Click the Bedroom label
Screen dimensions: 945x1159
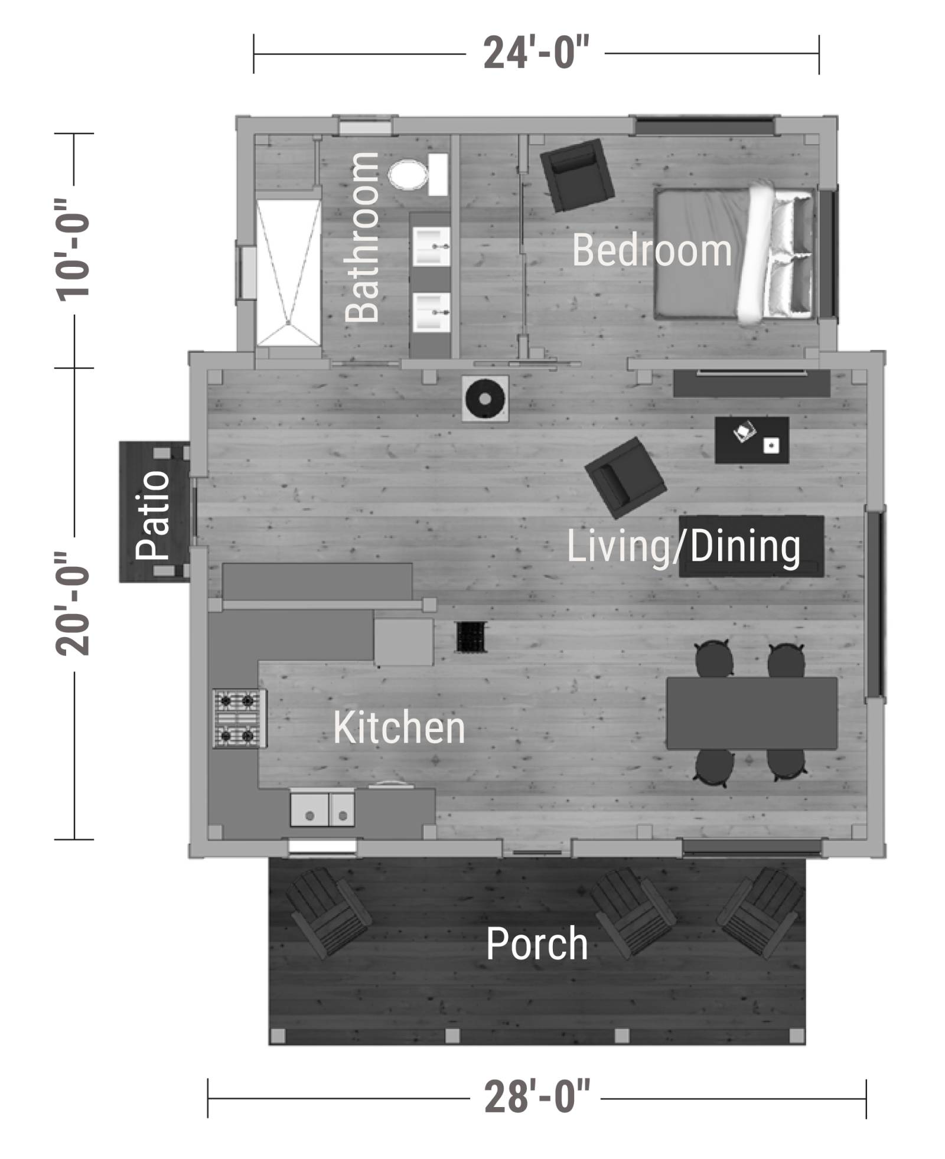[651, 250]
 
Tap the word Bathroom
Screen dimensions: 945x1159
[362, 237]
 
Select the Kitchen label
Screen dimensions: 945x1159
[399, 727]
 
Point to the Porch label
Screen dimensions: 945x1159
[536, 943]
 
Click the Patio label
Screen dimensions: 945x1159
[153, 515]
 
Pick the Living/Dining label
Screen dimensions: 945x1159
[684, 547]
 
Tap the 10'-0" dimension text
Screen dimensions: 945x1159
[73, 250]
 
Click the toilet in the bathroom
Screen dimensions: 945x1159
[418, 175]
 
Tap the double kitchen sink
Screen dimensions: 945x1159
[322, 809]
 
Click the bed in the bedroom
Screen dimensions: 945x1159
[735, 254]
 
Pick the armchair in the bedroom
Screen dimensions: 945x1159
[577, 175]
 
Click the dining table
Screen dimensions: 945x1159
[752, 713]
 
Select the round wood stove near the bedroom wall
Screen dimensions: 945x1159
[485, 399]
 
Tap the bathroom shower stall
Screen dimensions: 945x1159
[289, 272]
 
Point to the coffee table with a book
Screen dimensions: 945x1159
[752, 440]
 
